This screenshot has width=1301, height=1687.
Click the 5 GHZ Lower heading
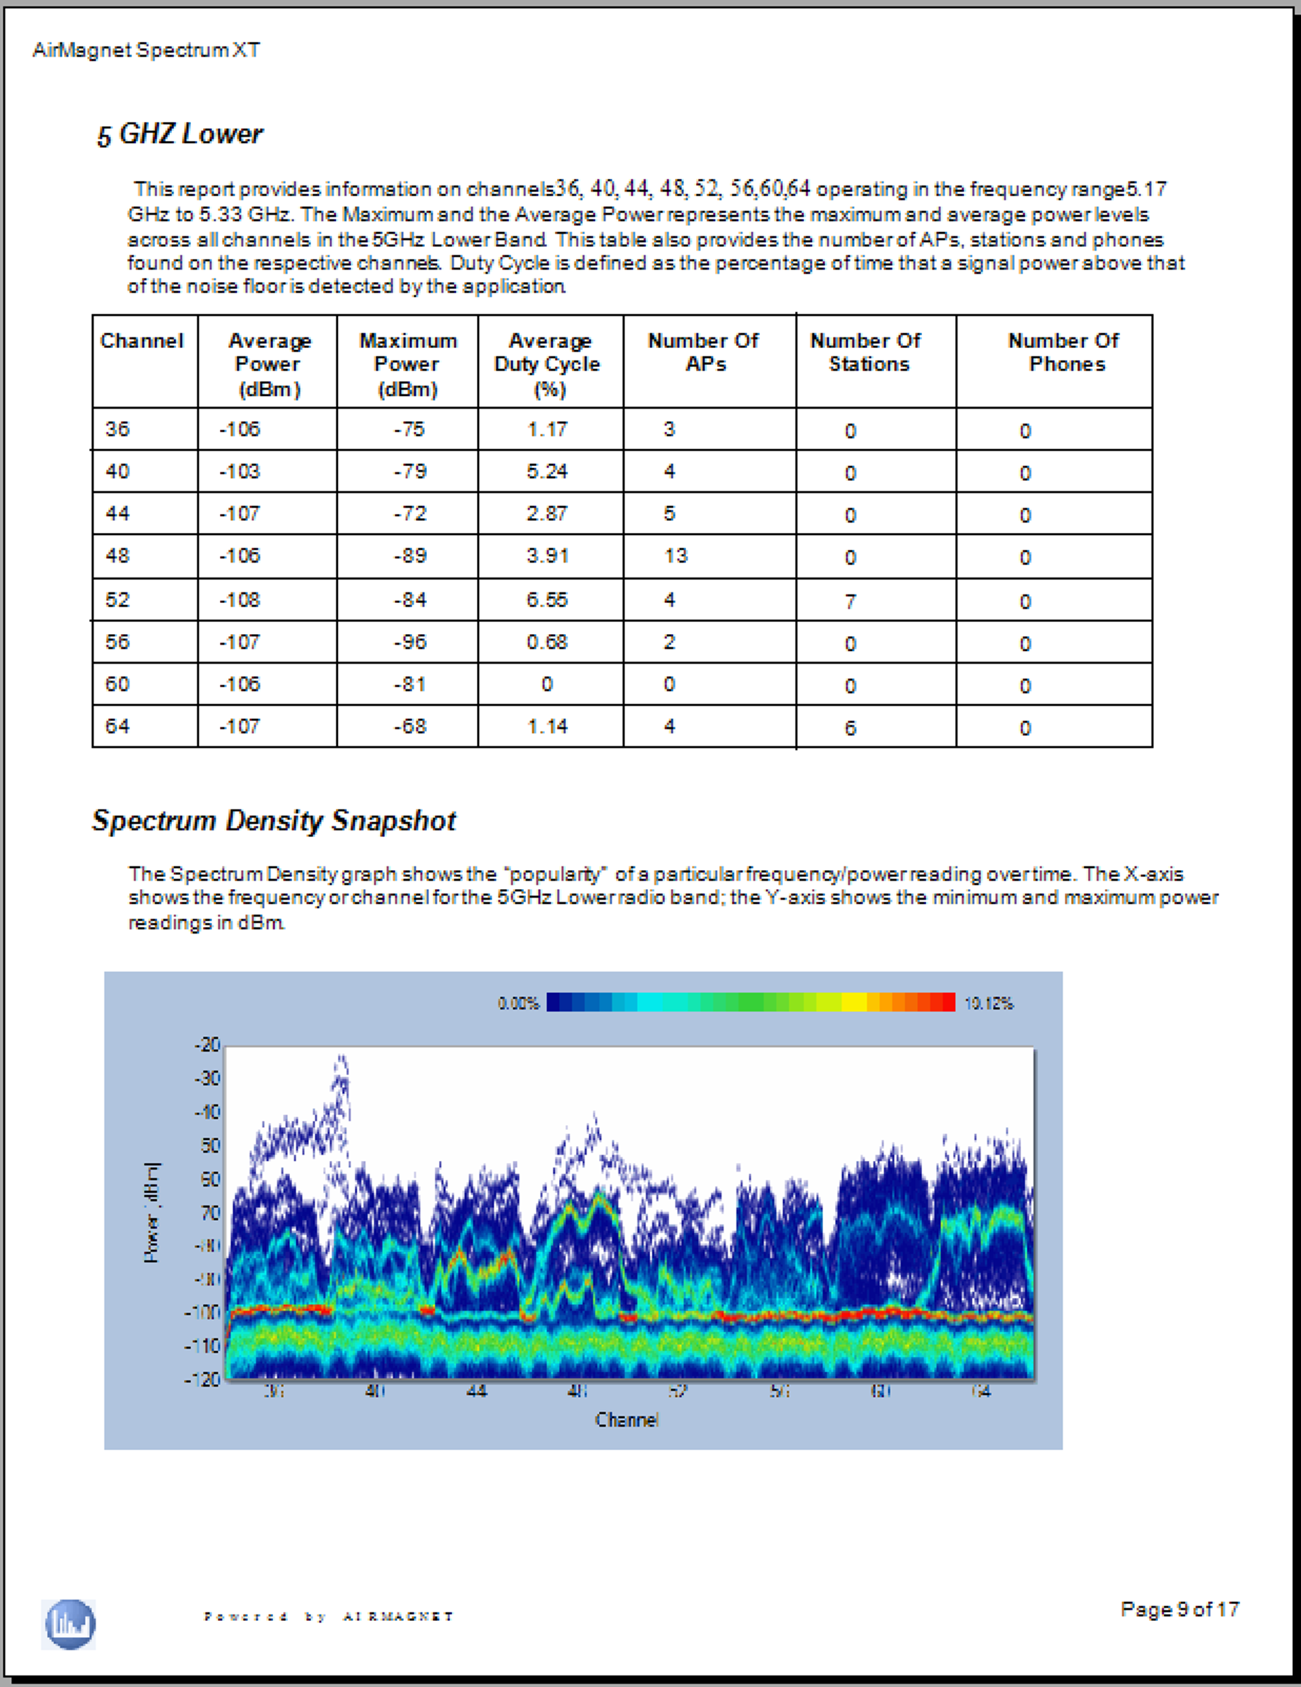click(180, 134)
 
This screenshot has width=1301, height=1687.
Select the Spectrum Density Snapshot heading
click(273, 820)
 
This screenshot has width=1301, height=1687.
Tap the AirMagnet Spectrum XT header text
click(146, 50)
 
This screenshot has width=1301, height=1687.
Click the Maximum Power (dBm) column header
click(407, 364)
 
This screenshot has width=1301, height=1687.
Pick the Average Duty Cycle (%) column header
click(548, 364)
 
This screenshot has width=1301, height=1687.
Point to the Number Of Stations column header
click(866, 352)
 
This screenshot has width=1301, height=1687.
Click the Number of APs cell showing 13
click(676, 556)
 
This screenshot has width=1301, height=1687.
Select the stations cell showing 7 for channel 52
click(850, 601)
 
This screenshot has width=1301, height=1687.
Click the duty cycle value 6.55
click(547, 600)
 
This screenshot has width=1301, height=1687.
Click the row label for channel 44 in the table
click(117, 514)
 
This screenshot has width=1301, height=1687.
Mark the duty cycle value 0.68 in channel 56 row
click(547, 642)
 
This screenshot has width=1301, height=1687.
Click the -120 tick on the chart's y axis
click(202, 1379)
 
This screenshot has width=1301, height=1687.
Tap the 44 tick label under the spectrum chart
click(476, 1391)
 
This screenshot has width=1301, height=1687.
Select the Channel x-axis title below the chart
click(626, 1420)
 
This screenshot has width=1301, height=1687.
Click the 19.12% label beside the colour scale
click(988, 1004)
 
